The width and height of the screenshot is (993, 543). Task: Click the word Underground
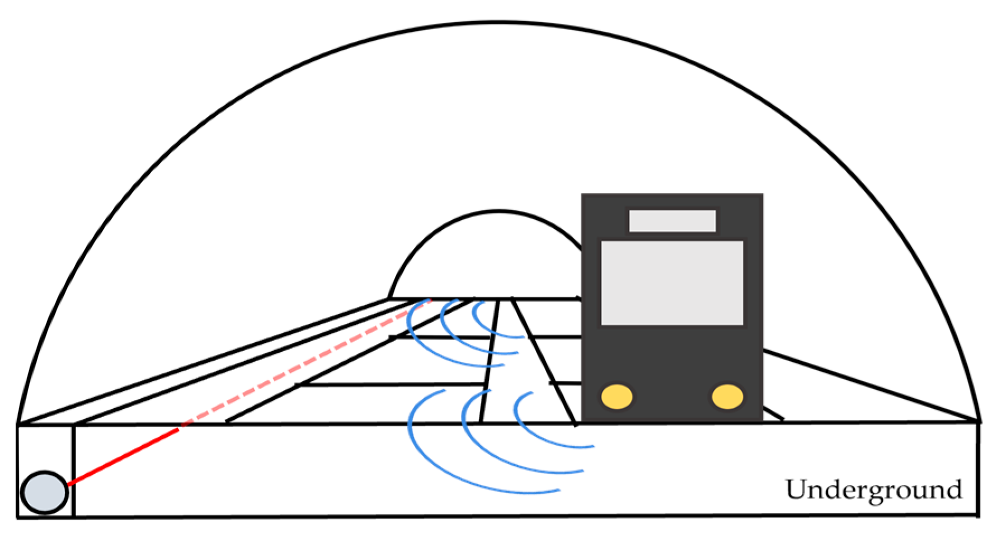point(874,490)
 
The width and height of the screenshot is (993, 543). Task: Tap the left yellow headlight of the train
point(616,396)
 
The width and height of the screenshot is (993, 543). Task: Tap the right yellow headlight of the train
point(727,396)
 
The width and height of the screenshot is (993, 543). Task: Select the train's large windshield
point(672,283)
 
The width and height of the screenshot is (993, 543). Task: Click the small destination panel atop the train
point(672,221)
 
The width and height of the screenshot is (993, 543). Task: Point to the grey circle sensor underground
point(45,493)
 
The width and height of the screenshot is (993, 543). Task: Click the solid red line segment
point(123,456)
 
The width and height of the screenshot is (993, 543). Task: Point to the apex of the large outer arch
point(498,23)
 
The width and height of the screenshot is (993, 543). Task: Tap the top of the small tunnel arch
point(498,211)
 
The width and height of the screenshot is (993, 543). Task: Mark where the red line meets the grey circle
point(68,484)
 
